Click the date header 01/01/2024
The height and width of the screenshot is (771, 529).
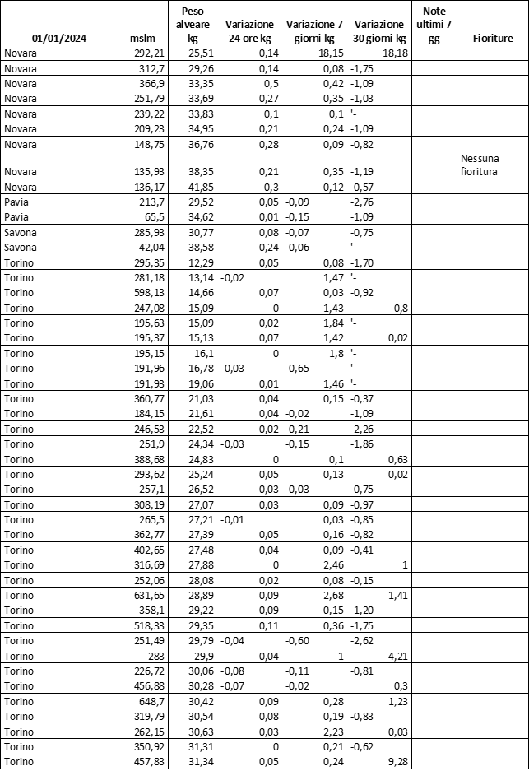(59, 39)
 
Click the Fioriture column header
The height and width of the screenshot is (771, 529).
(493, 39)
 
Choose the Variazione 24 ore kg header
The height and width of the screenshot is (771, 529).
(251, 31)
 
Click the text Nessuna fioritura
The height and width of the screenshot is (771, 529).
(480, 165)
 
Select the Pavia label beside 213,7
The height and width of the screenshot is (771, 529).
(16, 202)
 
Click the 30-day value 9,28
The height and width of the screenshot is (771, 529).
(394, 761)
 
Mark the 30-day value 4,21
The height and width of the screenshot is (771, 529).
(394, 656)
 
